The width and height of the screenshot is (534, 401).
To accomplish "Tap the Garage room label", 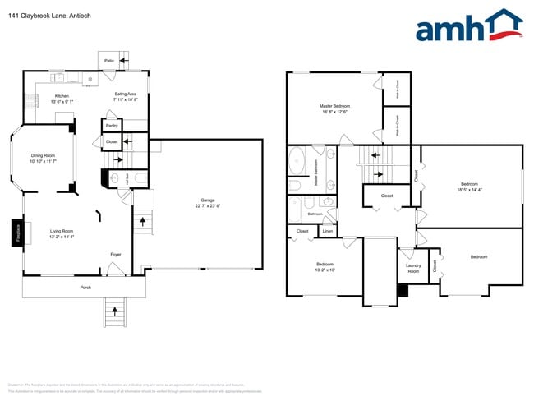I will tap(207, 201).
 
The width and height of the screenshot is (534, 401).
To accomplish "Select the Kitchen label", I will tap(62, 96).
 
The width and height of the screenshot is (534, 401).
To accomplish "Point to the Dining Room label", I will tap(43, 156).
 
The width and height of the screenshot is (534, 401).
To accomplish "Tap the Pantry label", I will tap(112, 125).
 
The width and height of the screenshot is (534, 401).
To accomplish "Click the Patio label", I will tap(108, 60).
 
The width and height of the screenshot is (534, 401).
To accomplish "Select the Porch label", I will tap(85, 288).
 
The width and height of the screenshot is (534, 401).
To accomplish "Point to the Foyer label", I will tap(116, 255).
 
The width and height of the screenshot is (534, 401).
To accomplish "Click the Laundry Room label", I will tap(413, 268).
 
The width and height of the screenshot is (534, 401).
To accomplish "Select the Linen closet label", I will tap(327, 232).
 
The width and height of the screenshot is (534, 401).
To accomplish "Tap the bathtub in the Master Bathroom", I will tap(296, 161).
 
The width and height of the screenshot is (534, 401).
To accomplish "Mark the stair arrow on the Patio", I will tap(124, 59).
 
